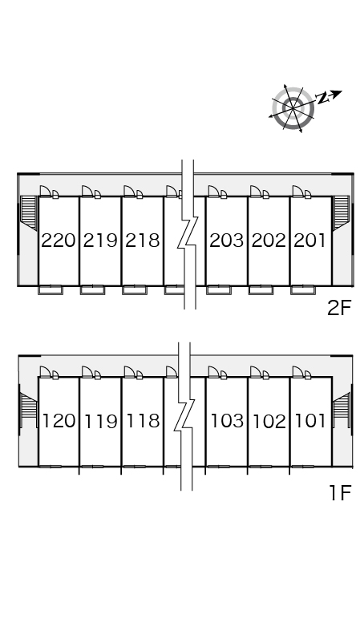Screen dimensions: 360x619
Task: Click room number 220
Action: point(59,241)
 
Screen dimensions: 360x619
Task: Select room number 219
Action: point(100,241)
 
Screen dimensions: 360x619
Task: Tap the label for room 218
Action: point(143,241)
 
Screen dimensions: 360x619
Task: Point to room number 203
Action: point(227,241)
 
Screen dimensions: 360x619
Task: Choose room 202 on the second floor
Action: point(269,241)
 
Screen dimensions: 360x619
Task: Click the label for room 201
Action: point(310,241)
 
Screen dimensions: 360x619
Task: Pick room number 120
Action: point(59,421)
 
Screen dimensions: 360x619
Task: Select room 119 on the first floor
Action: point(101,421)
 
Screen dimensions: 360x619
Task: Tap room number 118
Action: point(143,421)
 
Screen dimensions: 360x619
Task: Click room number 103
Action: point(227,421)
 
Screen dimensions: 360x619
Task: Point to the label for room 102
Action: point(269,421)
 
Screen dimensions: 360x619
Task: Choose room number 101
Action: point(310,421)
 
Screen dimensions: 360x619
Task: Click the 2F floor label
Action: point(339,308)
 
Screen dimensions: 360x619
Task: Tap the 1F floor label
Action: point(340,492)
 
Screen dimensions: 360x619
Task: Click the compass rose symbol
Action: point(293,107)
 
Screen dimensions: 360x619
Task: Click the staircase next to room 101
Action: point(341,411)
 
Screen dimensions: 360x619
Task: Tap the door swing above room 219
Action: point(87,191)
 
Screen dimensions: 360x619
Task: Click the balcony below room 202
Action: point(261,290)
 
